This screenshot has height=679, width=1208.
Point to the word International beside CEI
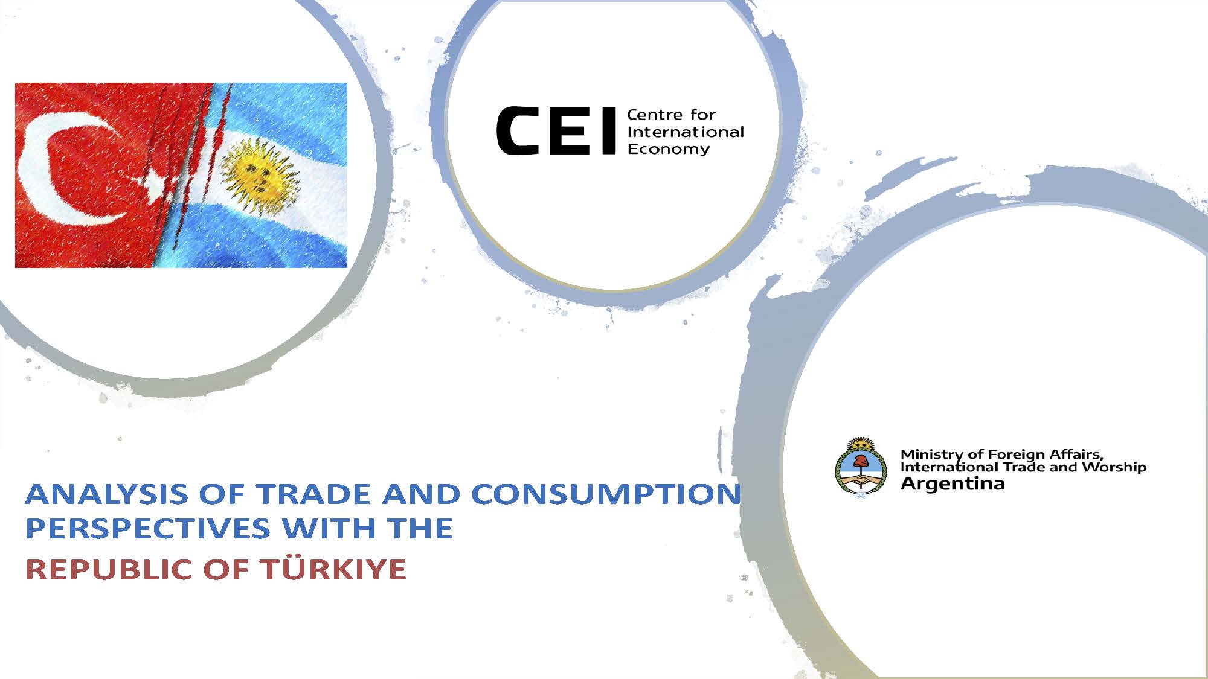[x=686, y=132]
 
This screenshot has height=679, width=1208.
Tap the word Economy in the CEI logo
[x=669, y=149]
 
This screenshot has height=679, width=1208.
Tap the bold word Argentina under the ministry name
[x=953, y=484]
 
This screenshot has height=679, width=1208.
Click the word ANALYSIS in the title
[x=106, y=494]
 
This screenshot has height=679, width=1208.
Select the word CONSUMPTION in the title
[x=606, y=494]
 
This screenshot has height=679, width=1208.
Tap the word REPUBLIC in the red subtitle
[x=111, y=570]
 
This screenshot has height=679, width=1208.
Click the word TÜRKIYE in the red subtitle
[x=333, y=569]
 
